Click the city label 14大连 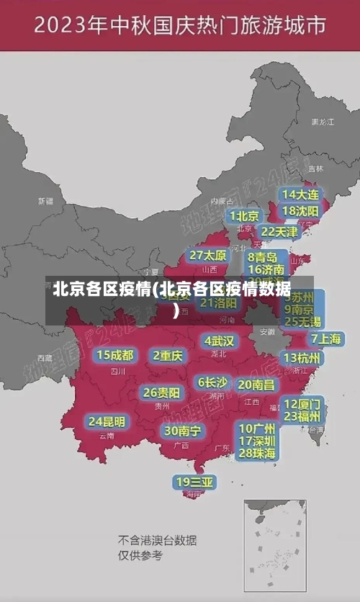(x=300, y=194)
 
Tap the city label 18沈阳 (x=300, y=210)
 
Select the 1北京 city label (x=245, y=215)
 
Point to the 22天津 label (x=279, y=231)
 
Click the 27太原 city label (x=208, y=255)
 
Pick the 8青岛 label (x=263, y=256)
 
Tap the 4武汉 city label (x=219, y=340)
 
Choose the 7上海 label (x=325, y=338)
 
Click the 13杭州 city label (x=302, y=357)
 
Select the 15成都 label (x=115, y=354)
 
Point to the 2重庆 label (x=168, y=354)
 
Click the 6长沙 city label (x=212, y=382)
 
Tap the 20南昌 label (x=256, y=385)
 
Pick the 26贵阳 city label (x=161, y=392)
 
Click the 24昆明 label (x=107, y=421)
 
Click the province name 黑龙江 (x=323, y=122)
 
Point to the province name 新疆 (x=45, y=201)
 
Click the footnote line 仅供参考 (x=140, y=555)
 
